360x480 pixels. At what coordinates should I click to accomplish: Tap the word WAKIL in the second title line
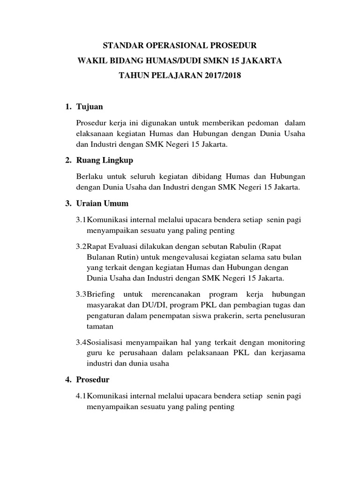90,61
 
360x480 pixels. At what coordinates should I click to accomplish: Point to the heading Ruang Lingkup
105,160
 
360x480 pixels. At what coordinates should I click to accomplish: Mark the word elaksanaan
94,134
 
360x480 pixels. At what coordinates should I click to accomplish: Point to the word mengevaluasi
180,257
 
